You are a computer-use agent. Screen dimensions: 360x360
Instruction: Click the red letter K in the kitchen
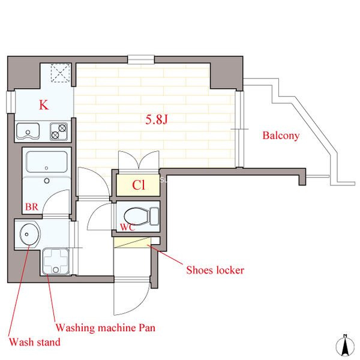pos(44,105)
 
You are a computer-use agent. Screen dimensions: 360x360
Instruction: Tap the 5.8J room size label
pos(157,119)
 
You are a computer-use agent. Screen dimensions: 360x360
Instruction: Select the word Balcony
pos(281,136)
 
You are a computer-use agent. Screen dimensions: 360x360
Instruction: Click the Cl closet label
pos(139,185)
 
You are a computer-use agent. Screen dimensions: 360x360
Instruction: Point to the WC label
pos(128,227)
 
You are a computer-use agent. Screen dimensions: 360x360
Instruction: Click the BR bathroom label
pos(32,207)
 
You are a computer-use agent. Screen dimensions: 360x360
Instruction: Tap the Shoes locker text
pos(215,270)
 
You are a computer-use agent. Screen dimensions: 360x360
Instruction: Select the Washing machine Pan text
pos(106,328)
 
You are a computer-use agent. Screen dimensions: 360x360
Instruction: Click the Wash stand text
pos(35,342)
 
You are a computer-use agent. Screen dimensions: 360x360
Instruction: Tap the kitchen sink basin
pos(28,131)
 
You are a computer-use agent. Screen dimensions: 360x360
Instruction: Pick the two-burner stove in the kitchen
pos(59,131)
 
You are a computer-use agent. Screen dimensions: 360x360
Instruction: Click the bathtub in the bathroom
pos(47,162)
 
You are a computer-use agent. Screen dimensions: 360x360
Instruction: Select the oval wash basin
pos(29,234)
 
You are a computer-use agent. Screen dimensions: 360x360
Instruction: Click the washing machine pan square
pos(56,261)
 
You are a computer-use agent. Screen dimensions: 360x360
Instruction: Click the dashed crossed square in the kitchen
pos(61,73)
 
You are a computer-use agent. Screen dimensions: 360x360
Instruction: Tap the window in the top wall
pos(141,59)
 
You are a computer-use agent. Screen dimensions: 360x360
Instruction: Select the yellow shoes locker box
pos(132,242)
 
